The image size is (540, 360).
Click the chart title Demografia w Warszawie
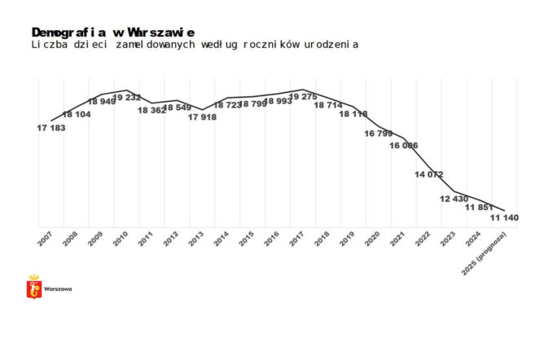[112, 31]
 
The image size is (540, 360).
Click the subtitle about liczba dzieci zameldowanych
[195, 44]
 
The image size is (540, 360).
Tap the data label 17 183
[51, 129]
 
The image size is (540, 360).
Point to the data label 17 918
[202, 117]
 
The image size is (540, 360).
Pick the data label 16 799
[378, 133]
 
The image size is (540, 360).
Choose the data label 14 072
[428, 174]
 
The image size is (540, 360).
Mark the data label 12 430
[454, 199]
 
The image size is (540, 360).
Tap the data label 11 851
[479, 208]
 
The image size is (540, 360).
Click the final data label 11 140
[504, 217]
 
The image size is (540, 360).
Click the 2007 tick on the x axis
[45, 239]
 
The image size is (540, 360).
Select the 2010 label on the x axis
[121, 239]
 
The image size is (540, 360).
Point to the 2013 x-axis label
[196, 239]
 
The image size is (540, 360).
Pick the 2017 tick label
[296, 239]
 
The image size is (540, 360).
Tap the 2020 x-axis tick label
[372, 239]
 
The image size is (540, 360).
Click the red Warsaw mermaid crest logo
[34, 287]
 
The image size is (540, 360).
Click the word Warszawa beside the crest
[58, 289]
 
